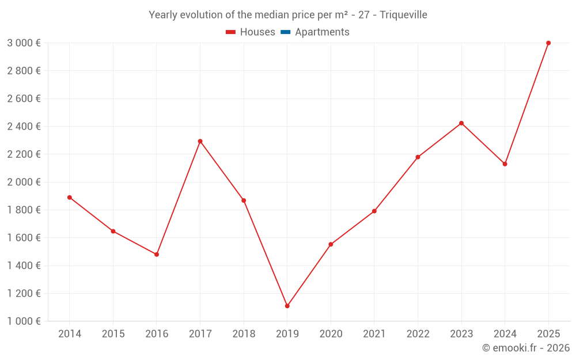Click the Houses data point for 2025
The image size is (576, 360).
548,43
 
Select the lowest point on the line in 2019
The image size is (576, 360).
287,306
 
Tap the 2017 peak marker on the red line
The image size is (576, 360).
200,141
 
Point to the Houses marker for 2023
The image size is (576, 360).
461,123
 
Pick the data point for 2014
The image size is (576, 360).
70,198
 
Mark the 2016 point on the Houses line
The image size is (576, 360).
157,254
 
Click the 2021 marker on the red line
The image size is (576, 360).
374,211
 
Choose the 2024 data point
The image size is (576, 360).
505,164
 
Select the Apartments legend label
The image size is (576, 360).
322,32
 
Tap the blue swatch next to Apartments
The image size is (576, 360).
285,32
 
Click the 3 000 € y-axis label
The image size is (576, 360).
24,43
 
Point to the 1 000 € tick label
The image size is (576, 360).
24,321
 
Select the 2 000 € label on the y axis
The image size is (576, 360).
24,182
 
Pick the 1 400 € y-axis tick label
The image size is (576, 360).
24,266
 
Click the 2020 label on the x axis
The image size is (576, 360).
331,334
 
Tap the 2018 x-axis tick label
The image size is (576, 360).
244,334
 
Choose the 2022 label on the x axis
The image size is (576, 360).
418,334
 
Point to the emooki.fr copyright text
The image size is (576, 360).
525,348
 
